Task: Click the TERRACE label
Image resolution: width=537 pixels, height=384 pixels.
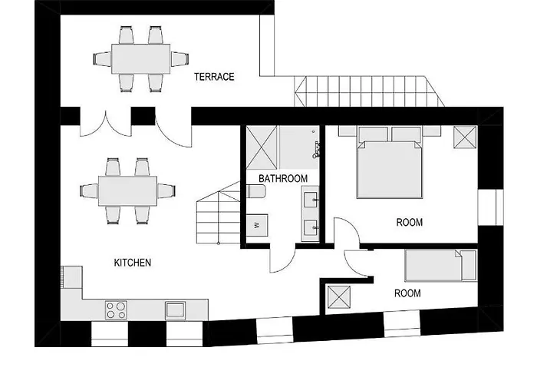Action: coord(213,77)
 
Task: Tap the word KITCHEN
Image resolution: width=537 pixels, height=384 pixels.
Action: coord(132,263)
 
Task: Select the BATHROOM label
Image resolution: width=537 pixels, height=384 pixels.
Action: coord(282,178)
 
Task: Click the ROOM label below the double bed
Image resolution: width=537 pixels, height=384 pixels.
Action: coord(409,223)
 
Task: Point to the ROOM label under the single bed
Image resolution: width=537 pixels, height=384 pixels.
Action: coord(407,293)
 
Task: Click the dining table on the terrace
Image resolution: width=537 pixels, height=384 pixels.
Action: coord(142,58)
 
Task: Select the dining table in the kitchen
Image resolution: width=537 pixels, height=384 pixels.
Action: coord(127,190)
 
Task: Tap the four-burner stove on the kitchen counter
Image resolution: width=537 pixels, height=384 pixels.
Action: coord(116,310)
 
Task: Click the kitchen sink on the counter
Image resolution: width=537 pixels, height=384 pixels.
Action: coord(176,310)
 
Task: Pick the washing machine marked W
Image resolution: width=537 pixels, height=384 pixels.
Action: coord(255,226)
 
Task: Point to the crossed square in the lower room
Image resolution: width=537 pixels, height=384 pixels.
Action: coord(338,298)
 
